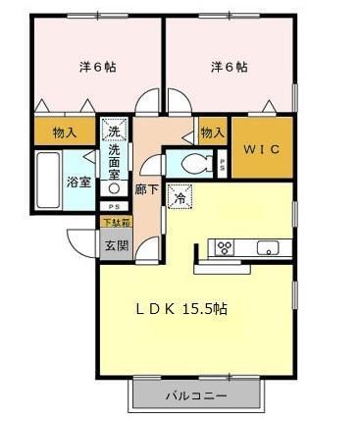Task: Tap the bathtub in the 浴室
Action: coord(46,180)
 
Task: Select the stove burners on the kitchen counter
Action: coord(224,246)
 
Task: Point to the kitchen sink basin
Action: coord(268,247)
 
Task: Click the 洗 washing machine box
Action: coord(114,131)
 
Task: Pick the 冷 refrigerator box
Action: coord(180,195)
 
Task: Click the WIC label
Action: coord(260,148)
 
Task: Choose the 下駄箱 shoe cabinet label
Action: coord(115,223)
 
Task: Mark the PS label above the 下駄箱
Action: coord(115,207)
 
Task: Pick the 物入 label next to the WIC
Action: coord(211,132)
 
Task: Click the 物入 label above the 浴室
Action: coord(65,132)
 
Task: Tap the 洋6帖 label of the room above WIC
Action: coord(229,68)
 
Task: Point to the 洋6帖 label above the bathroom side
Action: coord(96,68)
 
